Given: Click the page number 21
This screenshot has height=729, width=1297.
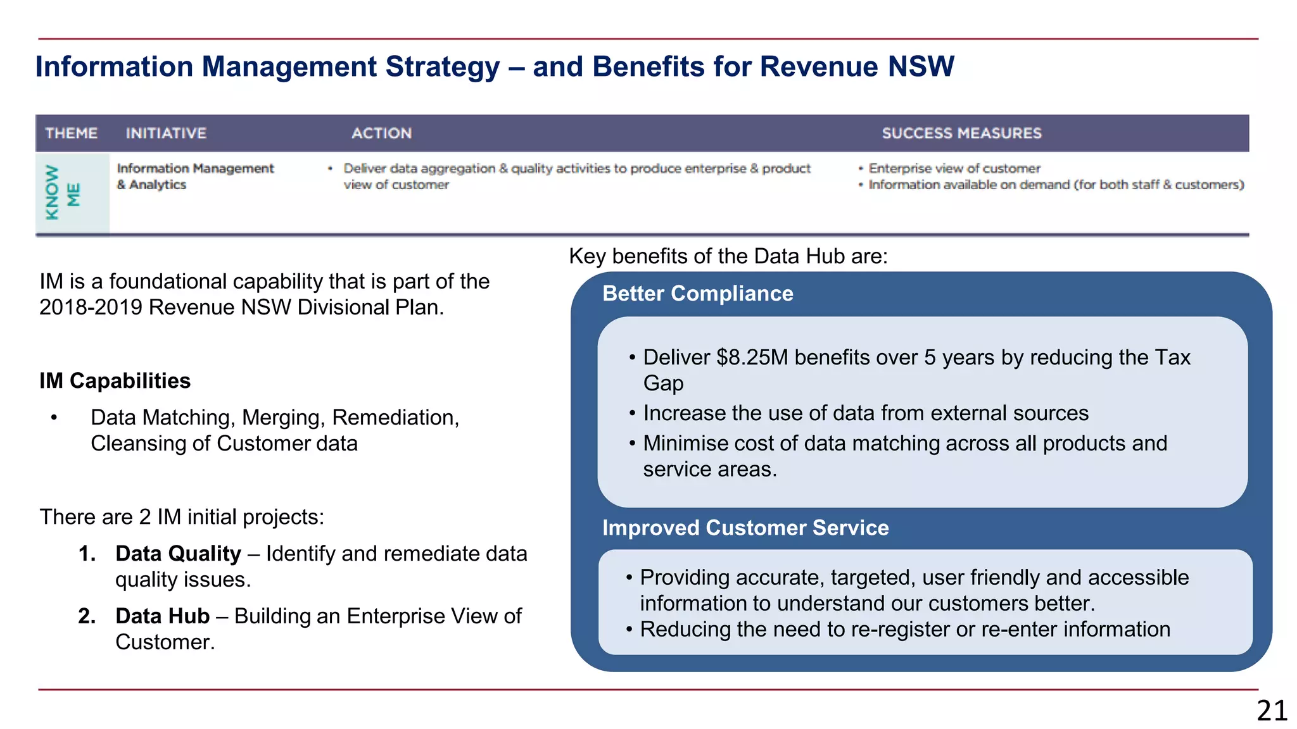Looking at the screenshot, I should click(1271, 711).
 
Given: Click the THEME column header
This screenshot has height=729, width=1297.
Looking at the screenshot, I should click(71, 133).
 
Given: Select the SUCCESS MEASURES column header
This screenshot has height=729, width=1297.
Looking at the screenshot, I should click(961, 133).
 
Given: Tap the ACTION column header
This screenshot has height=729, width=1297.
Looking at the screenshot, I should click(381, 133).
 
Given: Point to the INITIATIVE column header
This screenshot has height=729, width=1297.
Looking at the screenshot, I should click(166, 133).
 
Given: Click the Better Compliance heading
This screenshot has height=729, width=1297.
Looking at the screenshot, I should click(697, 294).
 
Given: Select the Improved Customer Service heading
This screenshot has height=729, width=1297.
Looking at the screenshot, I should click(745, 528).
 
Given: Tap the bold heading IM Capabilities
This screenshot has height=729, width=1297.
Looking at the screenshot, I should click(115, 381).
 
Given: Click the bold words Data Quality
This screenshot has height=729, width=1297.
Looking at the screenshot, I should click(178, 554).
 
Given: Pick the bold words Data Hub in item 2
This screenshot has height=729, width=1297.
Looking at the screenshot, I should click(162, 616).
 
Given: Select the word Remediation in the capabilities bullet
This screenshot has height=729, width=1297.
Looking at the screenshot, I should click(394, 418).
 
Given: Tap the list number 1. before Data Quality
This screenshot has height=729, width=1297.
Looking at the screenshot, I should click(87, 554).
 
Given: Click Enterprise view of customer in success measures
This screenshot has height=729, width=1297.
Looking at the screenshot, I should click(954, 168).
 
